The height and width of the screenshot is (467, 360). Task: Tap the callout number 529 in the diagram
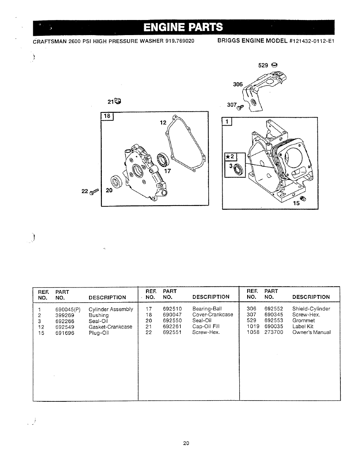[263, 65]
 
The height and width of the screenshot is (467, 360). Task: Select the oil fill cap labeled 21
[118, 101]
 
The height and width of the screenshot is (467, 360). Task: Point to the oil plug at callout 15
[302, 198]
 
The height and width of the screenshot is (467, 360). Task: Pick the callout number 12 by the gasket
[163, 123]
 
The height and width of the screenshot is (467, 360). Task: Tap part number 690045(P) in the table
[68, 309]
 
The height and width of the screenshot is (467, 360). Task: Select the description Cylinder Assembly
[111, 309]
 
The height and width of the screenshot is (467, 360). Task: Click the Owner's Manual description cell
[311, 332]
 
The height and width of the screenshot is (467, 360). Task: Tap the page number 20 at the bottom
[186, 444]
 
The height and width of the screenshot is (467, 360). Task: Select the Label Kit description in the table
[303, 327]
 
